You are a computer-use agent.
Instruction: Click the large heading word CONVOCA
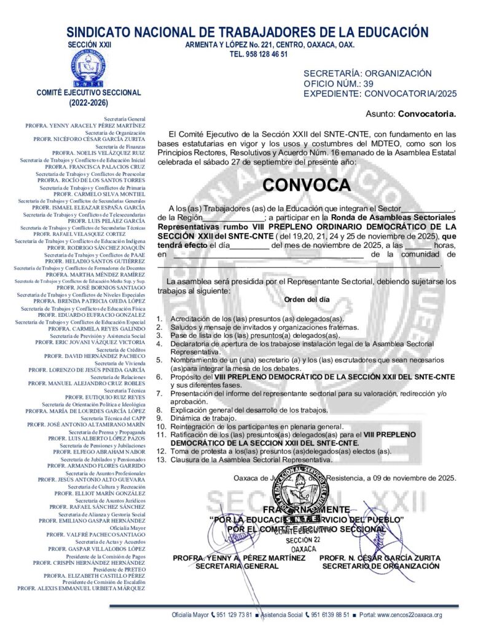[306, 185]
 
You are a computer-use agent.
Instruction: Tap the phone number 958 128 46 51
[258, 54]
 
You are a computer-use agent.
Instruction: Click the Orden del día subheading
[307, 299]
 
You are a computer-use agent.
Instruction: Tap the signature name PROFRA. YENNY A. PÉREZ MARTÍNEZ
[239, 558]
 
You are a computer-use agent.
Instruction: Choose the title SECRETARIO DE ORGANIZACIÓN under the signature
[381, 566]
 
